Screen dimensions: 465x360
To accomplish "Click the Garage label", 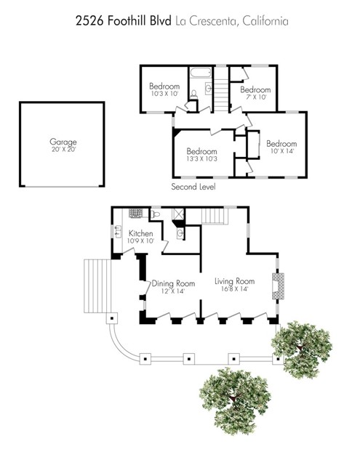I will (x=63, y=142).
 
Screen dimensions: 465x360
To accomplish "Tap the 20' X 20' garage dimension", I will (x=63, y=150).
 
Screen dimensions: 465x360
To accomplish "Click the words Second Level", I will (x=193, y=187).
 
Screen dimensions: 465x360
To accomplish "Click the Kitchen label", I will (x=141, y=233).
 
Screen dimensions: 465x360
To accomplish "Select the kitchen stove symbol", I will (x=135, y=214).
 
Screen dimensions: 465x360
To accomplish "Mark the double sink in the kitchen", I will (x=117, y=232).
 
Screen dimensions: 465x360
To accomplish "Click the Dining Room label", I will (x=173, y=283).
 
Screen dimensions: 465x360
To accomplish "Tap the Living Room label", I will (x=234, y=280).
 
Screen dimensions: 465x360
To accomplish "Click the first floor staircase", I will (x=214, y=216).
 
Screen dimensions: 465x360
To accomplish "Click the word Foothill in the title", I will (x=127, y=22).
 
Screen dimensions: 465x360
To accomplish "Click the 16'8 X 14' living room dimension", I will (x=234, y=288).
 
